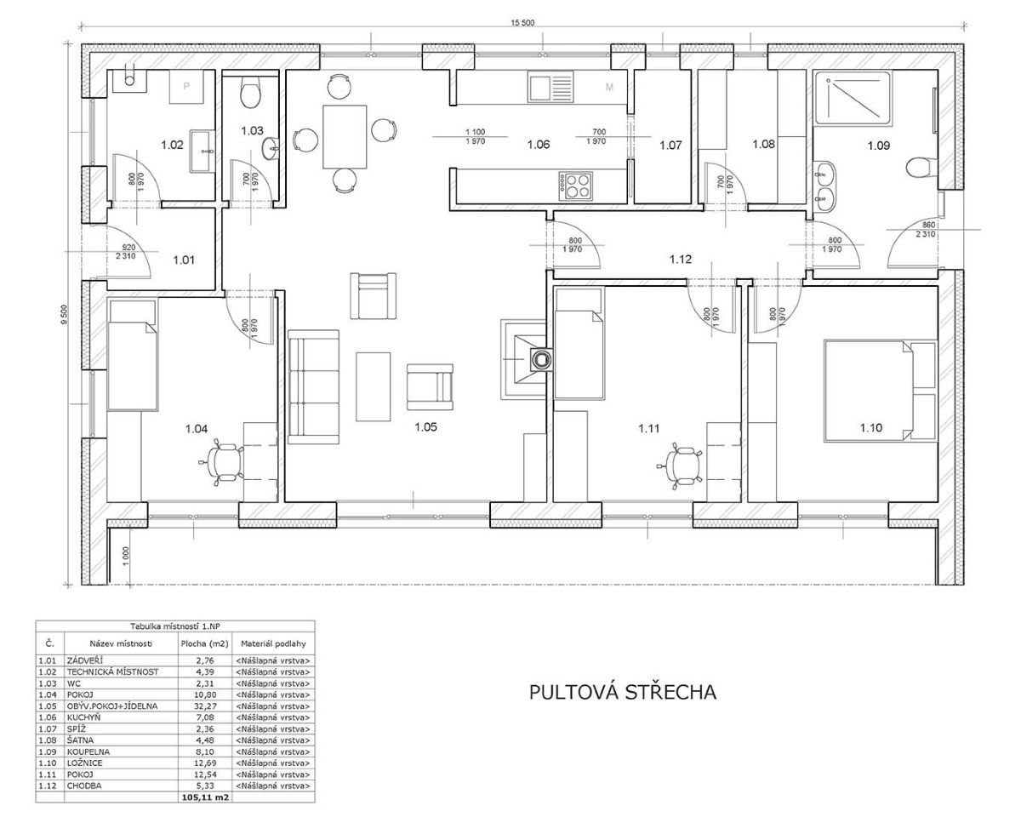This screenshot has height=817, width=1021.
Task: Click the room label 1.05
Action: (425, 427)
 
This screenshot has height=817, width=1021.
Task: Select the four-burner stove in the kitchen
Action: (576, 186)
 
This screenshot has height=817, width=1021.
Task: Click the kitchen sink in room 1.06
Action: (550, 87)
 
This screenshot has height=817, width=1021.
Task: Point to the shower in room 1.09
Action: (852, 98)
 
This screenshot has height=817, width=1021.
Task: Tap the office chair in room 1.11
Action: (681, 466)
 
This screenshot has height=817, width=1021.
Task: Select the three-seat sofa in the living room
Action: (314, 387)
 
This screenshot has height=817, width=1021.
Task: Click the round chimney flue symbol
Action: (540, 359)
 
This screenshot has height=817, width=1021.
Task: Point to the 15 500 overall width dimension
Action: (522, 23)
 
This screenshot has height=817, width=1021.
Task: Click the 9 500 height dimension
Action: (65, 315)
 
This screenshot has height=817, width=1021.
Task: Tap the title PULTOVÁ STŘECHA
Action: (623, 692)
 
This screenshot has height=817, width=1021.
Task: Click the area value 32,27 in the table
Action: (205, 706)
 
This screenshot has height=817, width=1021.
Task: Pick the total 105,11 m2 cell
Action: (205, 797)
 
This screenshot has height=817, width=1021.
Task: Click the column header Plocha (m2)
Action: (204, 644)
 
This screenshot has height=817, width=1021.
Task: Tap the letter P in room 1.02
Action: (186, 87)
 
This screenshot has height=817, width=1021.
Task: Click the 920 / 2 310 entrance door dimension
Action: (126, 252)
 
